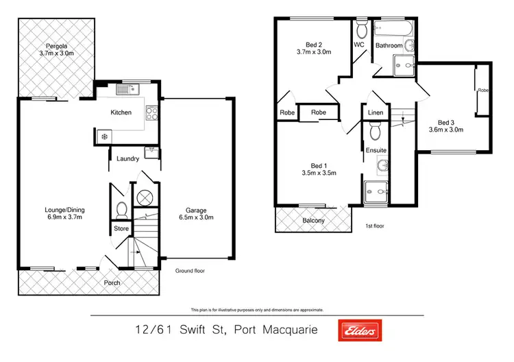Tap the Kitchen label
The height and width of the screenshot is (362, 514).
(122, 112)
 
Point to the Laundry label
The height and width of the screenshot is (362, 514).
(128, 158)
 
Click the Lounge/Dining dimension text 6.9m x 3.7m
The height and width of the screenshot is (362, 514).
(60, 217)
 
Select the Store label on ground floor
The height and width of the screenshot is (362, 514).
(121, 229)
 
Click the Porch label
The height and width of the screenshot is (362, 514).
(112, 282)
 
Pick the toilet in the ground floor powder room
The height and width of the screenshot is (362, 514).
(121, 208)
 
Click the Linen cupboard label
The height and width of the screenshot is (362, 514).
(375, 112)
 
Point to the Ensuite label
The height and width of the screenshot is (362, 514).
(376, 149)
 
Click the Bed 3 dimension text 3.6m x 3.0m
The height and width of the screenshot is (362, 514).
(446, 129)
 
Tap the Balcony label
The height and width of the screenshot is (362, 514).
(313, 220)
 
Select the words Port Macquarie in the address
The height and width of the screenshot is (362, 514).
(276, 330)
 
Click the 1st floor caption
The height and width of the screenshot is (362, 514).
(378, 225)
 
